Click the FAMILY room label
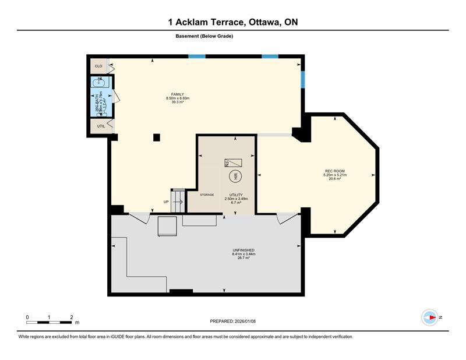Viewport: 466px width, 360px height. tap(178, 94)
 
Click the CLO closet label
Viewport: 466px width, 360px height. tap(98, 66)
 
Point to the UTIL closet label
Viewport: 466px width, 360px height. tap(101, 126)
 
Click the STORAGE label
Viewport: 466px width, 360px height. tap(207, 195)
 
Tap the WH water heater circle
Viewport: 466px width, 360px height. tap(236, 176)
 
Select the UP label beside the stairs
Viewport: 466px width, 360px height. tap(166, 202)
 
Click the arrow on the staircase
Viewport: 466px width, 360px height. tap(178, 202)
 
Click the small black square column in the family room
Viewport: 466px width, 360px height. tap(156, 137)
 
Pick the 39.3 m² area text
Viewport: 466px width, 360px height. tap(178, 102)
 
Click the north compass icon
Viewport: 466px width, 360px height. tap(430, 317)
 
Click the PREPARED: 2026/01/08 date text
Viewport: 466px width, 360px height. tap(233, 322)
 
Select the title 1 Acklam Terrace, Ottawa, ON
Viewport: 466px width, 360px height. tap(233, 23)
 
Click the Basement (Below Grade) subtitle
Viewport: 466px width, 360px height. tap(204, 36)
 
